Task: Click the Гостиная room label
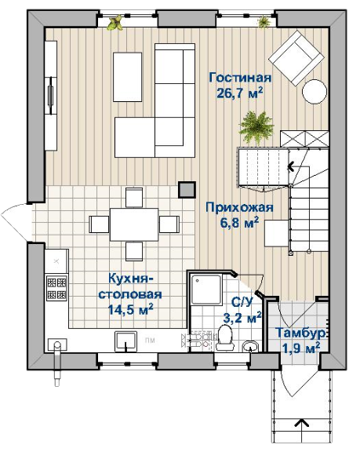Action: point(240,78)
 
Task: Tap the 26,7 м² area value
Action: point(240,93)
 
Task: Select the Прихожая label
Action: point(239,207)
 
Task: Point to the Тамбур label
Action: point(301,333)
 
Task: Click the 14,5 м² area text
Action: point(130,310)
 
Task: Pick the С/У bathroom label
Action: point(242,302)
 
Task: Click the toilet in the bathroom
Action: point(226,337)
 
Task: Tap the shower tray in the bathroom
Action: point(206,289)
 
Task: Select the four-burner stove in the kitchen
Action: point(56,288)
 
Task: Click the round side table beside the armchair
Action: point(315,91)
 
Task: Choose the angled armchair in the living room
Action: point(296,57)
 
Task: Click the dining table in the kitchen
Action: point(134,224)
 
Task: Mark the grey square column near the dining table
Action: point(187,190)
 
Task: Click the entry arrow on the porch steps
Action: point(302,423)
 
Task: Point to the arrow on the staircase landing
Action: point(291,167)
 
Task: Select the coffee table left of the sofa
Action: point(128,77)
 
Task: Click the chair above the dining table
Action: point(134,198)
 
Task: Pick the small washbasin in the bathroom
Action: point(250,346)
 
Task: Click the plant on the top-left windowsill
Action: point(115,23)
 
